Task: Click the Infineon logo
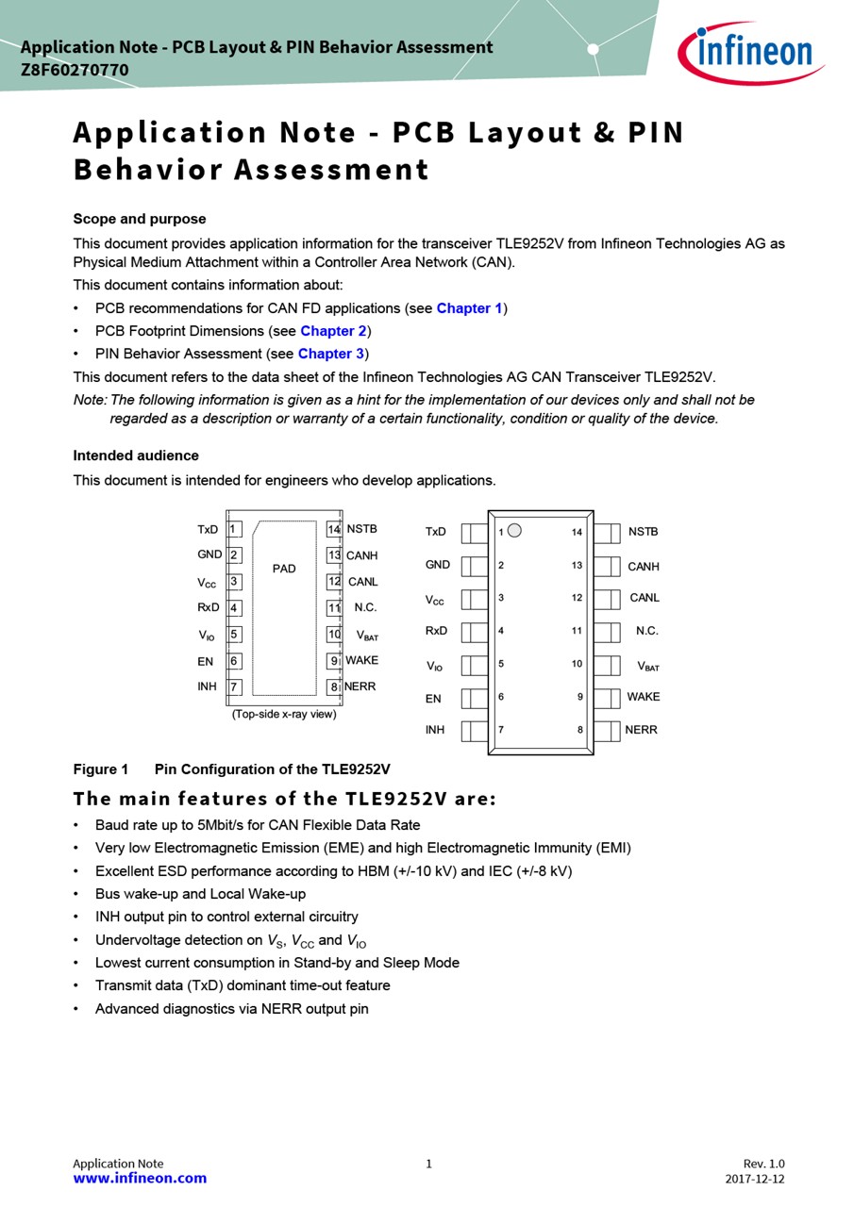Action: pos(751,53)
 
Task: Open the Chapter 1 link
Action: pos(469,308)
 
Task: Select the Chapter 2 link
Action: pos(333,331)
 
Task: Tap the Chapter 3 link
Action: pos(330,354)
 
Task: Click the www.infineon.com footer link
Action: pos(140,1178)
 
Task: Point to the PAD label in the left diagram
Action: pos(284,569)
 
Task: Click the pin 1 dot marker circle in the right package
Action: pos(514,531)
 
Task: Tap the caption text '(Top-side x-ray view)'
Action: pos(284,714)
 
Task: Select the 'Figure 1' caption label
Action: pos(101,769)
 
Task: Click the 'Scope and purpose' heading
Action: pos(140,219)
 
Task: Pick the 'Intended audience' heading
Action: pos(136,455)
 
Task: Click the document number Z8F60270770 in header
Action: pos(75,71)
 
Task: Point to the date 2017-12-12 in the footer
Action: pos(755,1179)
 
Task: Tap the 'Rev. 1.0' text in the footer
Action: pos(763,1164)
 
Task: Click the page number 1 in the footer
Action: pos(428,1164)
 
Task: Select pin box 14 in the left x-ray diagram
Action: pos(334,530)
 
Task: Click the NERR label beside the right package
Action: pos(641,730)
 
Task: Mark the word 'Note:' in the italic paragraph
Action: pos(91,400)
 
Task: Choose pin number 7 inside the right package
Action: pos(501,730)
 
